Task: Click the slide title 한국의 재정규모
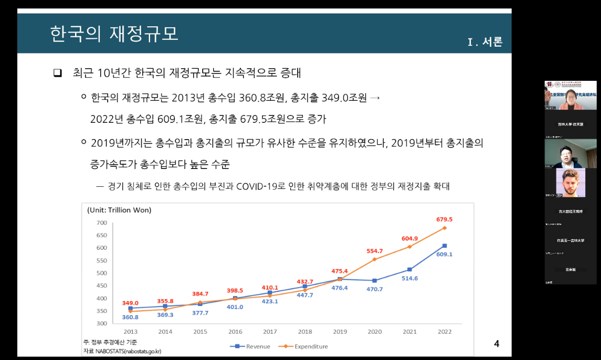pyautogui.click(x=114, y=33)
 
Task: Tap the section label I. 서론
pyautogui.click(x=485, y=43)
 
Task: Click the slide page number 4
pyautogui.click(x=496, y=344)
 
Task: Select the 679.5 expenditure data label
pyautogui.click(x=444, y=219)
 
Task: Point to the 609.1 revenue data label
pyautogui.click(x=444, y=254)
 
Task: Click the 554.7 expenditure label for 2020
pyautogui.click(x=375, y=251)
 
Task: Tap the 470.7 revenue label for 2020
pyautogui.click(x=375, y=289)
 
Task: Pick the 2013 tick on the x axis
pyautogui.click(x=131, y=332)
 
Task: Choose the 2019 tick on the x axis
pyautogui.click(x=340, y=332)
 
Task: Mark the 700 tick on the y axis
pyautogui.click(x=101, y=223)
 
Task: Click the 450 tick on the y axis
pyautogui.click(x=101, y=285)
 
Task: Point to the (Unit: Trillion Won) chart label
pyautogui.click(x=119, y=210)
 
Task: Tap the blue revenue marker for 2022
pyautogui.click(x=444, y=246)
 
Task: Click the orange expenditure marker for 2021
pyautogui.click(x=409, y=247)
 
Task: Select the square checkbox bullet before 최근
pyautogui.click(x=58, y=72)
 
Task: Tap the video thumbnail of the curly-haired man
pyautogui.click(x=570, y=183)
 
